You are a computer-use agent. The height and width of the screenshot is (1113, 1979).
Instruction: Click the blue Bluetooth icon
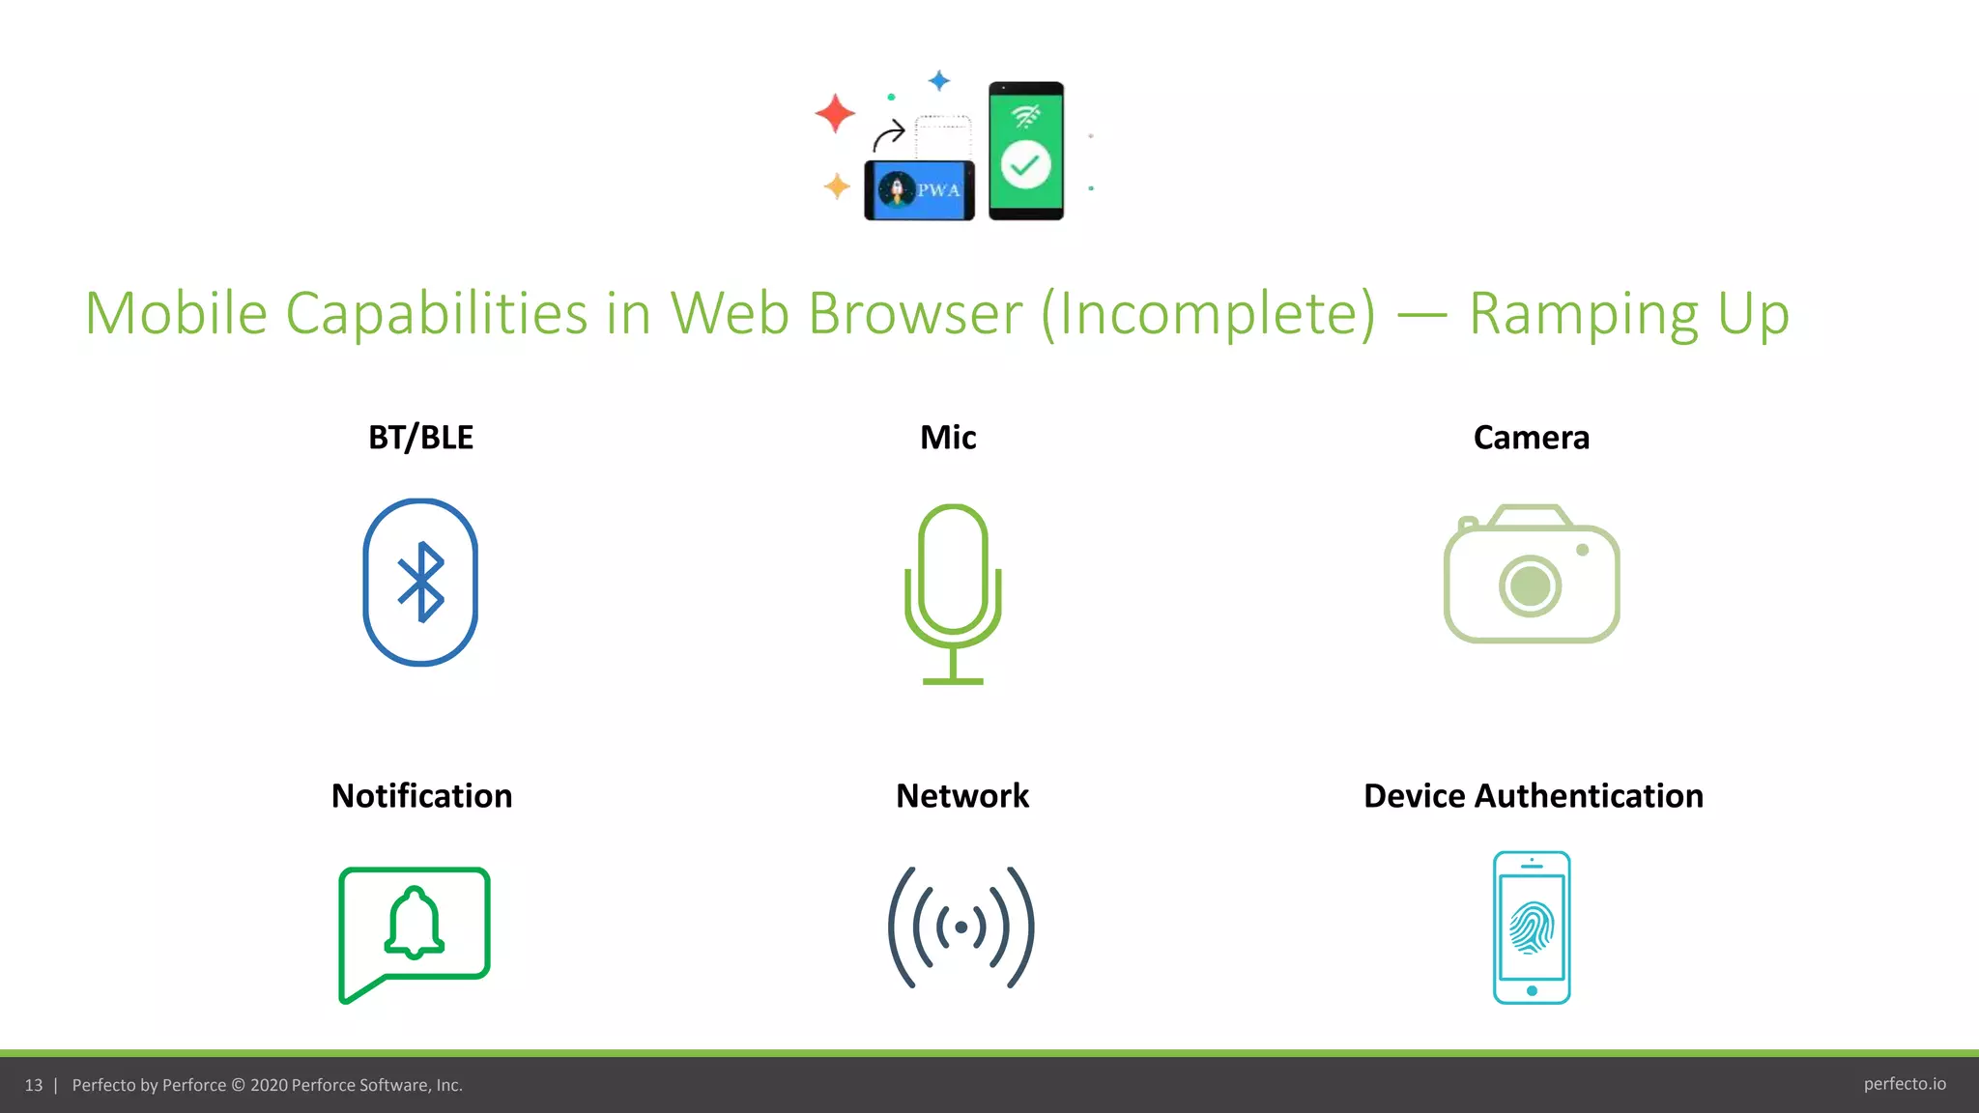[x=420, y=582]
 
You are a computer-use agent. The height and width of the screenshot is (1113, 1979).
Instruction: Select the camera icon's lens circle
[x=1531, y=585]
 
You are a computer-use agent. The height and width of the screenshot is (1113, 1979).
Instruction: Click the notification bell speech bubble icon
[x=415, y=931]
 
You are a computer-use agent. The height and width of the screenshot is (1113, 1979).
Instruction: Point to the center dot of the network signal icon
[x=961, y=927]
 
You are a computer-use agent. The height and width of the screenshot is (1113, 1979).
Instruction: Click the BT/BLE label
[x=420, y=438]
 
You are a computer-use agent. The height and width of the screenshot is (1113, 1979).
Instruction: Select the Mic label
[x=948, y=438]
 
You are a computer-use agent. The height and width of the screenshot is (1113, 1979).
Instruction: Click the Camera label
[x=1531, y=438]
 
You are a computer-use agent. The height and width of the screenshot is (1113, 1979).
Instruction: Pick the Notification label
[x=421, y=796]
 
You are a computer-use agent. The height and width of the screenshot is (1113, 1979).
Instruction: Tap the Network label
[x=962, y=796]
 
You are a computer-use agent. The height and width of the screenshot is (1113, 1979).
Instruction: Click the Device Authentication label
[x=1533, y=796]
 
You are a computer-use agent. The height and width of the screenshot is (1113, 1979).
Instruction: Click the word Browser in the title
[x=914, y=313]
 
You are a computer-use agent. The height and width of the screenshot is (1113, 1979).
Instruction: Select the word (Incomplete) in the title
[x=1208, y=313]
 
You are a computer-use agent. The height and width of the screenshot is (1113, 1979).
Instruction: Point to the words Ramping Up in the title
[x=1629, y=313]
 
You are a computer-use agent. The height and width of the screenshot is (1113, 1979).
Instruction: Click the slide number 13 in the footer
[x=34, y=1085]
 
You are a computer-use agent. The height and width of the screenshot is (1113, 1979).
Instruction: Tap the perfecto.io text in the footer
[x=1904, y=1084]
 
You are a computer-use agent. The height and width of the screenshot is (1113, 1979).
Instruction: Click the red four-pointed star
[x=835, y=113]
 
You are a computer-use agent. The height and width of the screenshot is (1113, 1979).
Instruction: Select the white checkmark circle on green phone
[x=1025, y=165]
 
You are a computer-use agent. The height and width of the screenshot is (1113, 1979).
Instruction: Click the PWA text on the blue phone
[x=938, y=190]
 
